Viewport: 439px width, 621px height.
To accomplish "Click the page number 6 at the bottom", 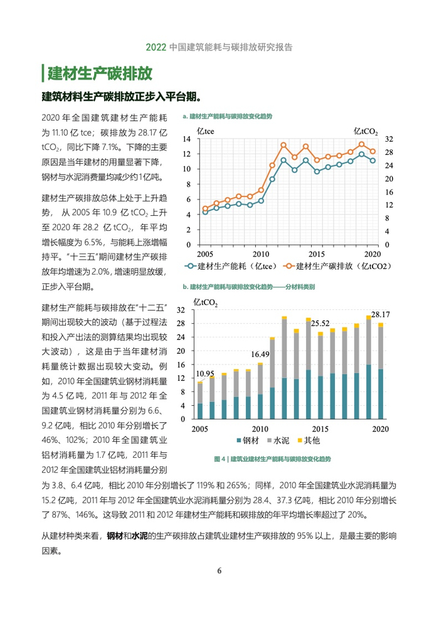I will pos(219,570).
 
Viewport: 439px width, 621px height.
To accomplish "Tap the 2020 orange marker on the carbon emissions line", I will pos(373,151).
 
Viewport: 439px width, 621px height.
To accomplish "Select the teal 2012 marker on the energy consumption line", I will pos(283,160).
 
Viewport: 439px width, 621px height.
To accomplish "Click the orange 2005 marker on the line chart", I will pos(204,208).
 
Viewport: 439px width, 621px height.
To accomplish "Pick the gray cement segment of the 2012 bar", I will pos(284,349).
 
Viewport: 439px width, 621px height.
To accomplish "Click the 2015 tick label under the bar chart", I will pos(320,429).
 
